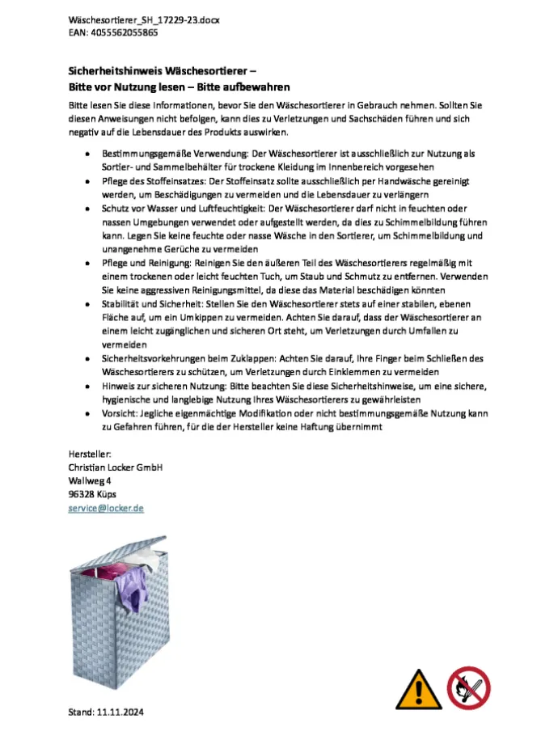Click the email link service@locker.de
[x=106, y=508]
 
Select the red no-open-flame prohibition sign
[x=469, y=688]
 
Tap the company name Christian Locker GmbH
[x=116, y=467]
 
